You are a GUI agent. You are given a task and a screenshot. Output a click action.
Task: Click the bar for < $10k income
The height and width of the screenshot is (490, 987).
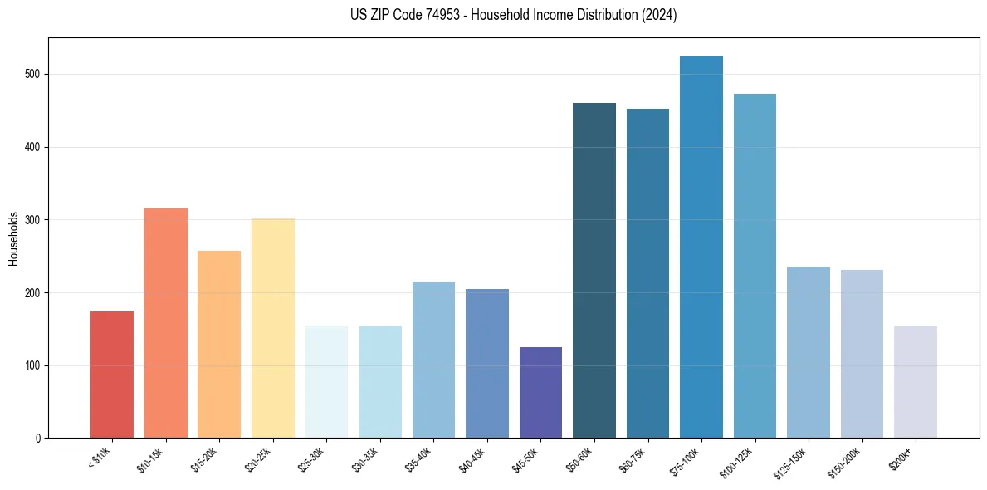(112, 375)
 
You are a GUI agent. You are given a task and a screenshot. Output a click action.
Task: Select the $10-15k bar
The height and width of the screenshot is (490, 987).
(166, 323)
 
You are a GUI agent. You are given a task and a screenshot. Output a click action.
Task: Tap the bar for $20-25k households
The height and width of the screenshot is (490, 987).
(273, 328)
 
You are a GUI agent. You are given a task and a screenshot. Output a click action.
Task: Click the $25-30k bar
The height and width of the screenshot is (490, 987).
(326, 382)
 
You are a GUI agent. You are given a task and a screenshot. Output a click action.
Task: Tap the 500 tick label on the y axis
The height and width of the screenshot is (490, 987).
(36, 75)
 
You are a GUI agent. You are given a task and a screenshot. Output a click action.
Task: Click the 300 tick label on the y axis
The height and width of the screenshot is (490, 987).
(36, 220)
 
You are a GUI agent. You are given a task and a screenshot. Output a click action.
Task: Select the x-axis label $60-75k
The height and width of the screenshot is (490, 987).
(634, 459)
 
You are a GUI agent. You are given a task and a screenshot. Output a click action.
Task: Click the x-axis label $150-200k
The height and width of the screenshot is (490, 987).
(847, 461)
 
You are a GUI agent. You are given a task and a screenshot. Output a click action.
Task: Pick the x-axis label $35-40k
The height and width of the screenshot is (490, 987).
(420, 459)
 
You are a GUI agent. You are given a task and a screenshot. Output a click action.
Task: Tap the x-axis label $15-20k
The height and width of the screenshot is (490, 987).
(206, 459)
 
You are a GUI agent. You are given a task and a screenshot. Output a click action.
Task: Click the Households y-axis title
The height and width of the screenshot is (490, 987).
(13, 238)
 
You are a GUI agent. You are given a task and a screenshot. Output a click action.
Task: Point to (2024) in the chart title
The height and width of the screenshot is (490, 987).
(659, 15)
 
